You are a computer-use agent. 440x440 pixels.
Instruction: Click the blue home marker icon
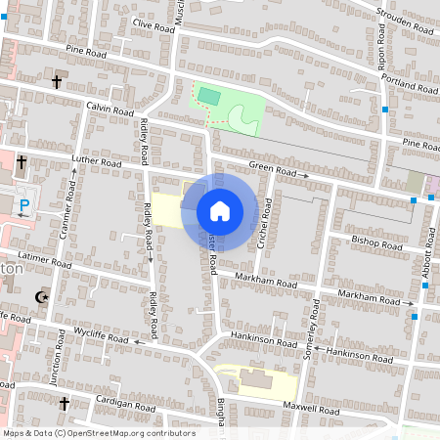point(220,210)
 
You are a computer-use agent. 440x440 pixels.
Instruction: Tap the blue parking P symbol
point(26,205)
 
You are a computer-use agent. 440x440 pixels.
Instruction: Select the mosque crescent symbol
point(40,296)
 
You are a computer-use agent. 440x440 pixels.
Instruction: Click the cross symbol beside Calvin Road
point(56,83)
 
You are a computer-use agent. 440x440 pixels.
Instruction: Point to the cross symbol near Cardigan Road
point(65,403)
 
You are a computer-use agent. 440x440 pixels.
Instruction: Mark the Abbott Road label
point(427,255)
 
